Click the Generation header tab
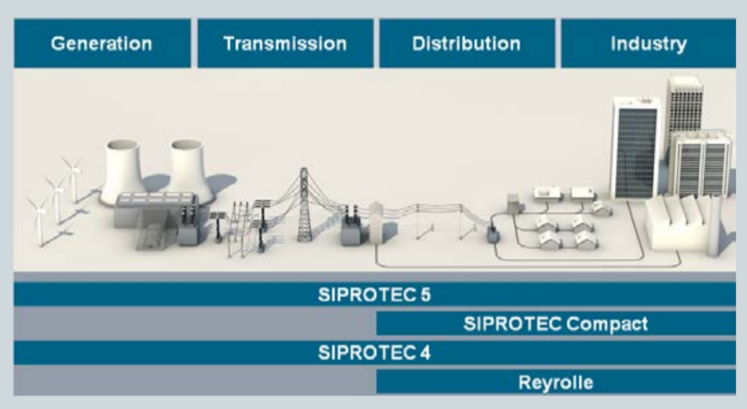point(101,43)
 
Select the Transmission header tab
point(285,43)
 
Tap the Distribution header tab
point(466,43)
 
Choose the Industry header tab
point(648,43)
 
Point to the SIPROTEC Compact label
point(556,324)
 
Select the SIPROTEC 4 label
point(374,352)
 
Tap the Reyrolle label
point(556,382)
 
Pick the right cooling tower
point(188,168)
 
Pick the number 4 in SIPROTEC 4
point(425,352)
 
